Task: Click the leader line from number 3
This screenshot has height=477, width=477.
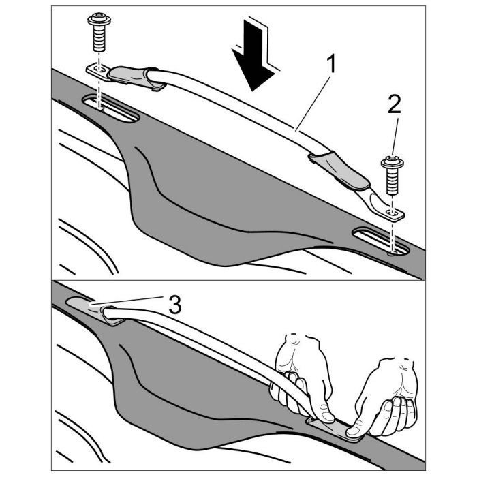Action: pyautogui.click(x=136, y=301)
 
